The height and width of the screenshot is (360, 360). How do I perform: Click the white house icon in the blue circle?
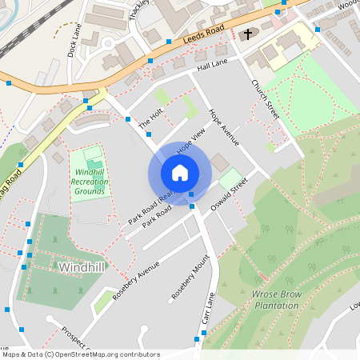(179, 172)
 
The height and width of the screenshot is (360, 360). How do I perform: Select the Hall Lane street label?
(212, 65)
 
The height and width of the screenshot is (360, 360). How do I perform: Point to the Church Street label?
(266, 100)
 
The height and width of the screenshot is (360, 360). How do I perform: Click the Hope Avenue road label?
(224, 127)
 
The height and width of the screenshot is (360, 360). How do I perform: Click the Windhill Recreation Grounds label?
(90, 182)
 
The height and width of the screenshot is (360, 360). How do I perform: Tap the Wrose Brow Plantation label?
(282, 299)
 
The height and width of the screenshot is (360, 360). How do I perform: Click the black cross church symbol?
(248, 34)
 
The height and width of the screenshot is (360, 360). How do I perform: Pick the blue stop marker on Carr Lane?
(197, 341)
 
